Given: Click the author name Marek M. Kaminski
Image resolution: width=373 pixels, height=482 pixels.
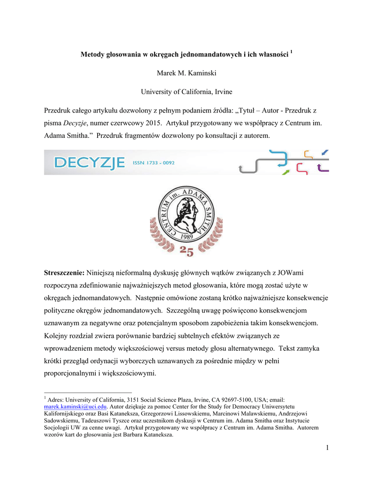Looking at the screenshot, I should pos(186,73).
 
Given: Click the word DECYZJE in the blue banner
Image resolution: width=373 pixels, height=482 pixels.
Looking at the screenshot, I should pos(89,163).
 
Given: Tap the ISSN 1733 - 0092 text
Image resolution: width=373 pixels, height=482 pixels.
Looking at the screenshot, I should pos(154,163).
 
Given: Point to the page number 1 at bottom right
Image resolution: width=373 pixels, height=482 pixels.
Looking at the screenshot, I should pos(326,447).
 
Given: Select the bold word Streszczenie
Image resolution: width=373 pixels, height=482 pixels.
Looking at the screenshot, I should pos(64,273).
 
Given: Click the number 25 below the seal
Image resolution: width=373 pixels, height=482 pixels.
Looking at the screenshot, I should pos(187,252).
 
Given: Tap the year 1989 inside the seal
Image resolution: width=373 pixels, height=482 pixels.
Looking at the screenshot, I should pos(187,236).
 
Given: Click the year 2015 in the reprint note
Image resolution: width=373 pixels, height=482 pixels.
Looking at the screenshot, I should pos(178,123).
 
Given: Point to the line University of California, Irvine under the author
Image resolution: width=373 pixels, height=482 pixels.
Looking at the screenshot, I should pos(186,92).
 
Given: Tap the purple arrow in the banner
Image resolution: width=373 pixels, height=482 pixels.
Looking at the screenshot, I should pos(323,168).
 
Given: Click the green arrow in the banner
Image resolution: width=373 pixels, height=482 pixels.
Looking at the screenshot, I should pos(285,172).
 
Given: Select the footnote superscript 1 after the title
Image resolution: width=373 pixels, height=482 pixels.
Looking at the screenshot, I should pos(292,52).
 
